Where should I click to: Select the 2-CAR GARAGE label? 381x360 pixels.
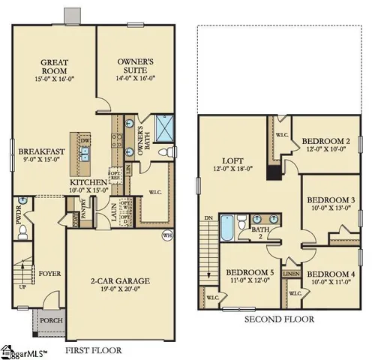pos(121,281)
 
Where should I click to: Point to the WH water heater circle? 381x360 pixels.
pos(166,235)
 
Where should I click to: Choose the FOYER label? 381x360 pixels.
pos(49,273)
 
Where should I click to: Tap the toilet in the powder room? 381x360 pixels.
pos(22,230)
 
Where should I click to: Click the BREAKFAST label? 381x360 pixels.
pos(41,151)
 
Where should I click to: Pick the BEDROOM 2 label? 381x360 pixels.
pos(326,141)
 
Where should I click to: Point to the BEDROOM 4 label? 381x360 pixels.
pos(331,274)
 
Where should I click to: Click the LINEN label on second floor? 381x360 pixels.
pos(292,274)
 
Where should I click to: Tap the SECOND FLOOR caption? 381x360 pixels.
pos(278,319)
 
